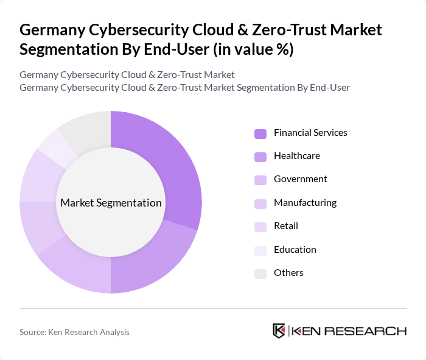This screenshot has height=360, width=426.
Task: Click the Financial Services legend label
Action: tap(310, 133)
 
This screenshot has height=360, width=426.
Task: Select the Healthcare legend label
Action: tap(296, 156)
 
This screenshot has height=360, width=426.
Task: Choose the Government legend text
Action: tap(300, 179)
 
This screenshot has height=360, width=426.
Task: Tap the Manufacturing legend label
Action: tap(305, 203)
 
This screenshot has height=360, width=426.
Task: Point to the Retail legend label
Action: tap(285, 226)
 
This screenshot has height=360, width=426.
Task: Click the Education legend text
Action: tap(295, 250)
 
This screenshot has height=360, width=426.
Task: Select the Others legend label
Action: tap(288, 273)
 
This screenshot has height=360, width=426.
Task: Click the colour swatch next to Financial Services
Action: tap(260, 133)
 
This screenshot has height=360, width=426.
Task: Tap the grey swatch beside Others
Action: tap(260, 274)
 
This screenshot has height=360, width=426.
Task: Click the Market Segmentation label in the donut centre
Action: tap(111, 203)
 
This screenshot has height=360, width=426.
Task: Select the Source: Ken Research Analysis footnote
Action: tap(74, 332)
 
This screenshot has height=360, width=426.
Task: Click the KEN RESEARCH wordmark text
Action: tap(349, 331)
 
